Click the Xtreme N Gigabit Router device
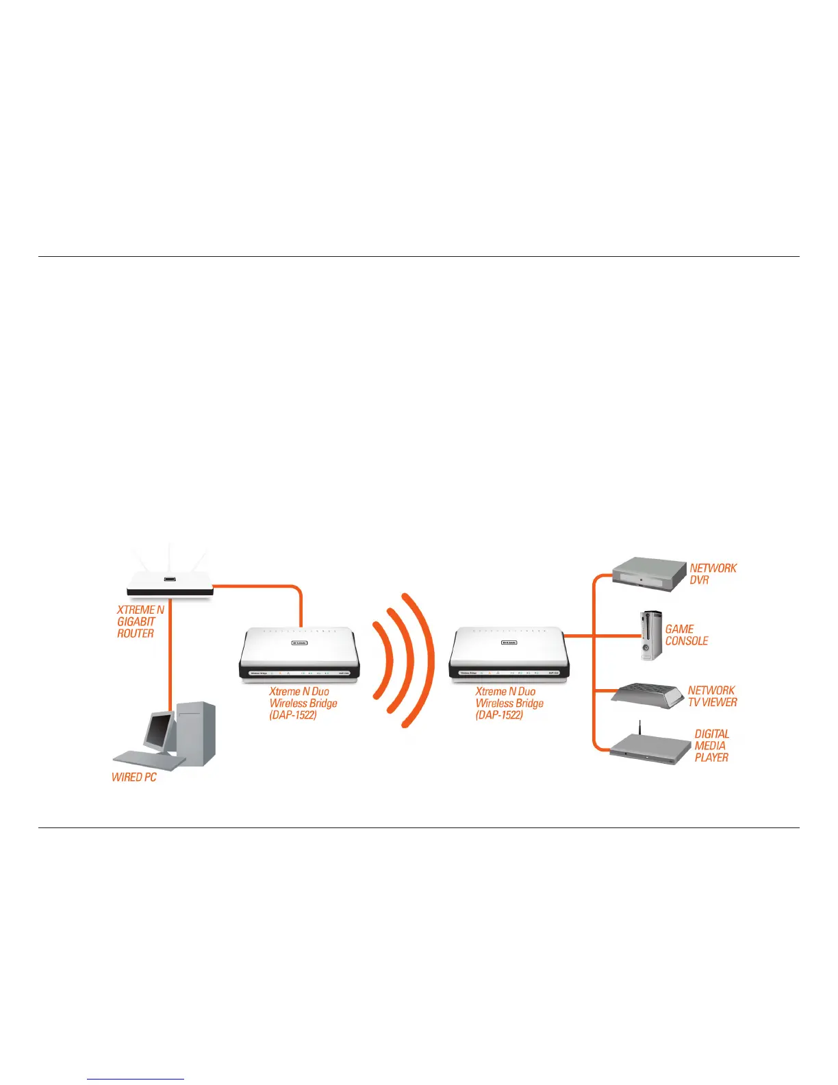click(x=170, y=584)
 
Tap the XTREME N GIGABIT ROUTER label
click(x=140, y=621)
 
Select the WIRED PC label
click(x=134, y=777)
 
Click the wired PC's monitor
click(x=158, y=729)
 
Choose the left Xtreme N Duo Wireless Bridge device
click(x=299, y=654)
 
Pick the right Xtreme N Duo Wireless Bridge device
click(x=508, y=654)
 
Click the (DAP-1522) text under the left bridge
click(x=293, y=715)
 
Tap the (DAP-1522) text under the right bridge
click(x=499, y=715)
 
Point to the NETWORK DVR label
click(x=712, y=574)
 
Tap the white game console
click(x=651, y=635)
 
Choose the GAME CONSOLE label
click(x=686, y=635)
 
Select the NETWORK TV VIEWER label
click(x=712, y=696)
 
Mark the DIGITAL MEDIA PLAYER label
click(x=711, y=745)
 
